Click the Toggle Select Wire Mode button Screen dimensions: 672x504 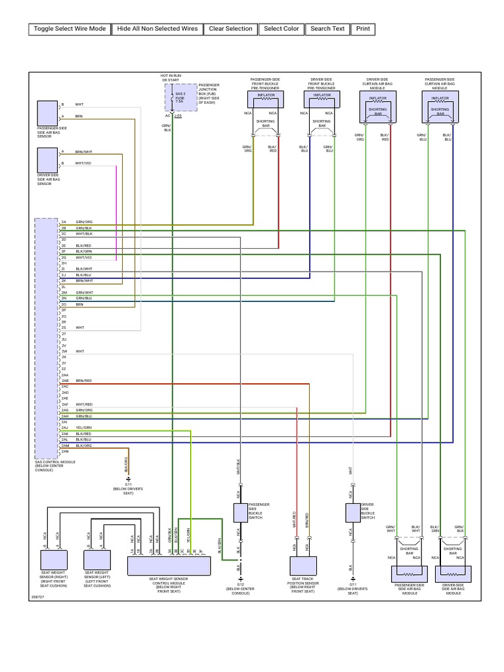(x=70, y=29)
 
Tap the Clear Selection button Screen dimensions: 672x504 (x=230, y=29)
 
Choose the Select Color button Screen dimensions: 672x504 (x=282, y=29)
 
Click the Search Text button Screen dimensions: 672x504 (x=327, y=29)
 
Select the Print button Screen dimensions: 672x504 (x=363, y=29)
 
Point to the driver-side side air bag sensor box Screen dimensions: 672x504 (x=47, y=159)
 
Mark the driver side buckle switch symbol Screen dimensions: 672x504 (x=352, y=512)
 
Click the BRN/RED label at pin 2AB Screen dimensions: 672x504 (x=83, y=381)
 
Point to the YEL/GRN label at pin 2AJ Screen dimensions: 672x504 (x=83, y=427)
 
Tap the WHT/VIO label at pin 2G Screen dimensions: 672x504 (x=83, y=257)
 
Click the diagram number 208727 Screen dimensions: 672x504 (x=38, y=597)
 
